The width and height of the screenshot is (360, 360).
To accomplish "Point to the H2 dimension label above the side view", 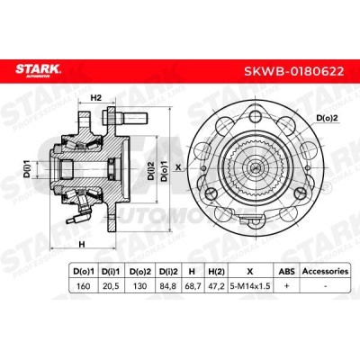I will click(97, 99).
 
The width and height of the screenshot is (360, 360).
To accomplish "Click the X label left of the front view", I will click(178, 166).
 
